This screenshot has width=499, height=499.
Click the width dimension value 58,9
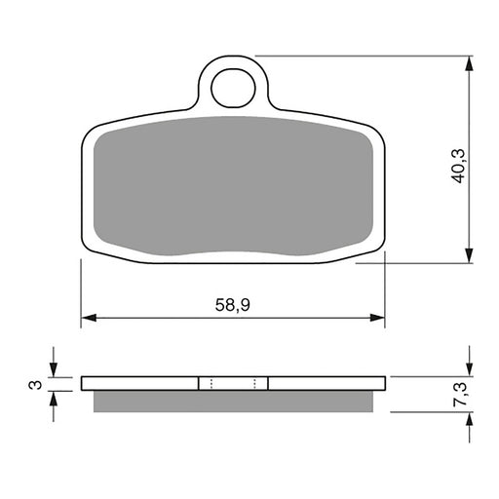[x=232, y=305]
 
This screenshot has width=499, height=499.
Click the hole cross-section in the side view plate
[x=233, y=382]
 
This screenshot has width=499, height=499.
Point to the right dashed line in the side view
[x=254, y=382]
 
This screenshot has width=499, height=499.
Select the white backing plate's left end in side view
[x=88, y=382]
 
